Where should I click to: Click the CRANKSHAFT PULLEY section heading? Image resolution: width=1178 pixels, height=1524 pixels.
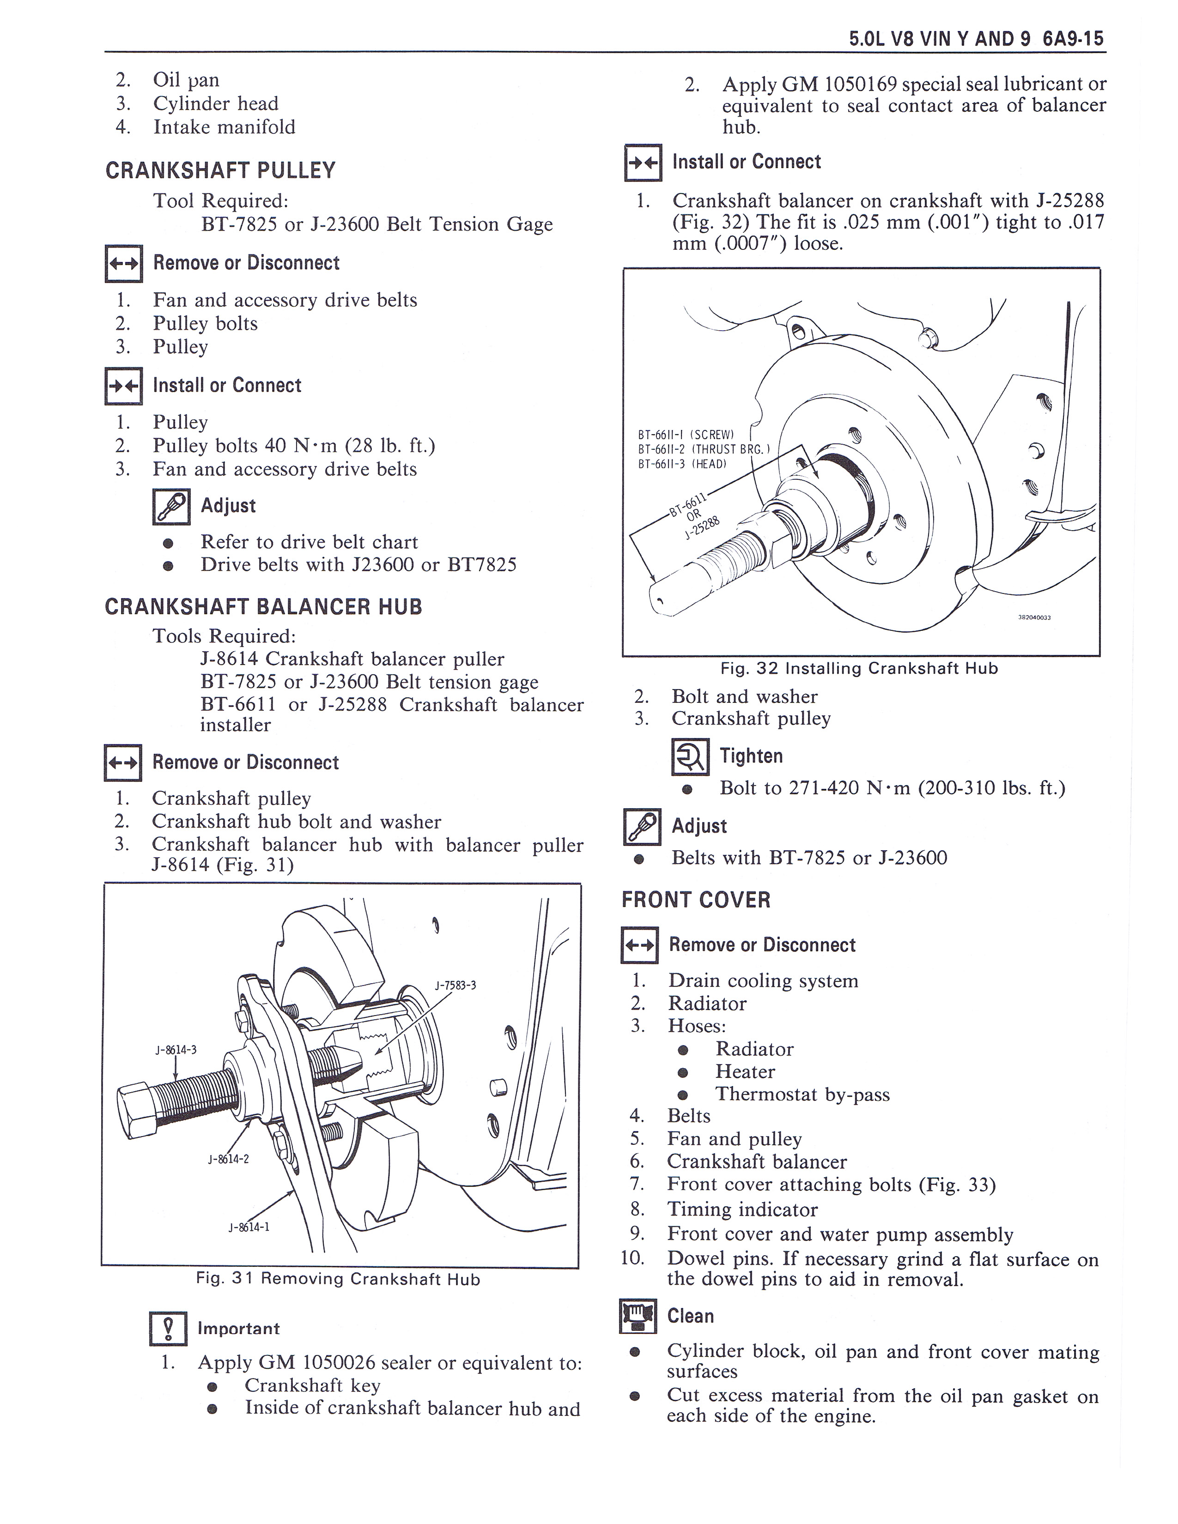(x=220, y=170)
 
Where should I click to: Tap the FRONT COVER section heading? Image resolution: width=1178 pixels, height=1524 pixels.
(x=696, y=900)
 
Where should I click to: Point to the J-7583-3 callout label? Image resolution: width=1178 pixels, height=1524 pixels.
(x=455, y=986)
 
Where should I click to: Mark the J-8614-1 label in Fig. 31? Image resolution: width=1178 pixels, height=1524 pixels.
(x=249, y=1227)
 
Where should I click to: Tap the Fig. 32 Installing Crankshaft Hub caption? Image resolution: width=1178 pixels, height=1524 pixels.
(x=859, y=669)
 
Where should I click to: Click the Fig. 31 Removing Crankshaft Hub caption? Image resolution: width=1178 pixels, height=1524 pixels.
(x=338, y=1279)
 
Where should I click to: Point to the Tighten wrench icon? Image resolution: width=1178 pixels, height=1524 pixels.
(x=690, y=756)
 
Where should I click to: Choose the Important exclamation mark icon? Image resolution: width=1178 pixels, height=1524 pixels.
(x=168, y=1329)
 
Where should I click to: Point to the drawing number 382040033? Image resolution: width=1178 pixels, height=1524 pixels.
(x=1034, y=617)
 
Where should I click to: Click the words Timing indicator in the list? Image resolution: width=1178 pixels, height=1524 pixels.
(x=742, y=1210)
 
